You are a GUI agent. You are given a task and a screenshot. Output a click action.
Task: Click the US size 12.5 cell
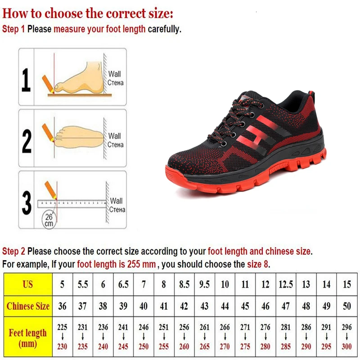[286, 284]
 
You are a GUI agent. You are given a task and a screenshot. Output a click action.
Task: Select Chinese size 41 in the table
[164, 306]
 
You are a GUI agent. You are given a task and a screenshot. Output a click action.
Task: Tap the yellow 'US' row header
[28, 284]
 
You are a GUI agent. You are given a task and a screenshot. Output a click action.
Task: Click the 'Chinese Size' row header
[28, 306]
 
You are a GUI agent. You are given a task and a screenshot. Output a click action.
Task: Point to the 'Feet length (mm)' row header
[28, 338]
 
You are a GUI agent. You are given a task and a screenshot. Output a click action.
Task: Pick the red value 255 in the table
[164, 346]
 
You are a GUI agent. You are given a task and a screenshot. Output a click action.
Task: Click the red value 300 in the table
[346, 346]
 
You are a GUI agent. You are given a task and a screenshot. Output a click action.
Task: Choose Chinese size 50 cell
[346, 306]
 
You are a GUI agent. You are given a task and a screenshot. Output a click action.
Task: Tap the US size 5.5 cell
[83, 284]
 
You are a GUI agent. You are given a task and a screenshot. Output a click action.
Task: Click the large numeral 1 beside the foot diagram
[27, 80]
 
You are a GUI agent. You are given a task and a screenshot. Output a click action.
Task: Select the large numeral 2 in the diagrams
[27, 140]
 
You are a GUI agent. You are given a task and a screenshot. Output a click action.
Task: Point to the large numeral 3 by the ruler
[27, 202]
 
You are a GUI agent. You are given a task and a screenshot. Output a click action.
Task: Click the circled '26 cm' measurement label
[49, 220]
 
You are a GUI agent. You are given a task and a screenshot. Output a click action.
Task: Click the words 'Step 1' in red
[13, 30]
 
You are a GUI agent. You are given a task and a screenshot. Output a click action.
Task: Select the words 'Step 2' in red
[13, 251]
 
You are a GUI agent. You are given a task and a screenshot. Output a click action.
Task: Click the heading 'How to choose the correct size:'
[88, 13]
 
